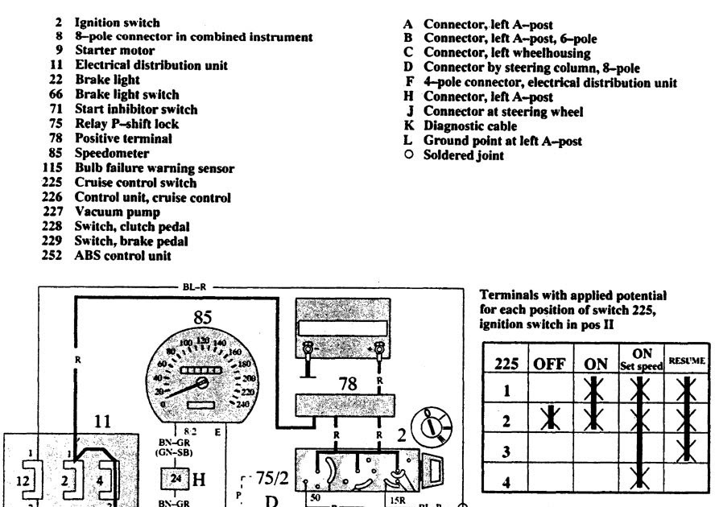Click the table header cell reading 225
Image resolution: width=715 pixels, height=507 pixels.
coord(506,363)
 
